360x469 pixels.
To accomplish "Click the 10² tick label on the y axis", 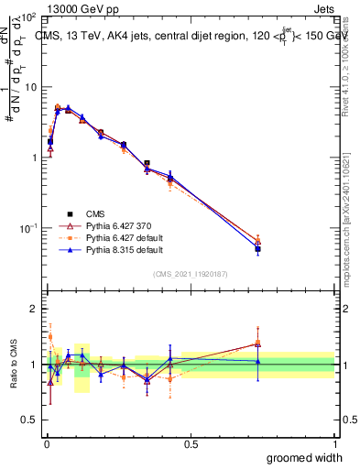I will click(28, 18).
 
